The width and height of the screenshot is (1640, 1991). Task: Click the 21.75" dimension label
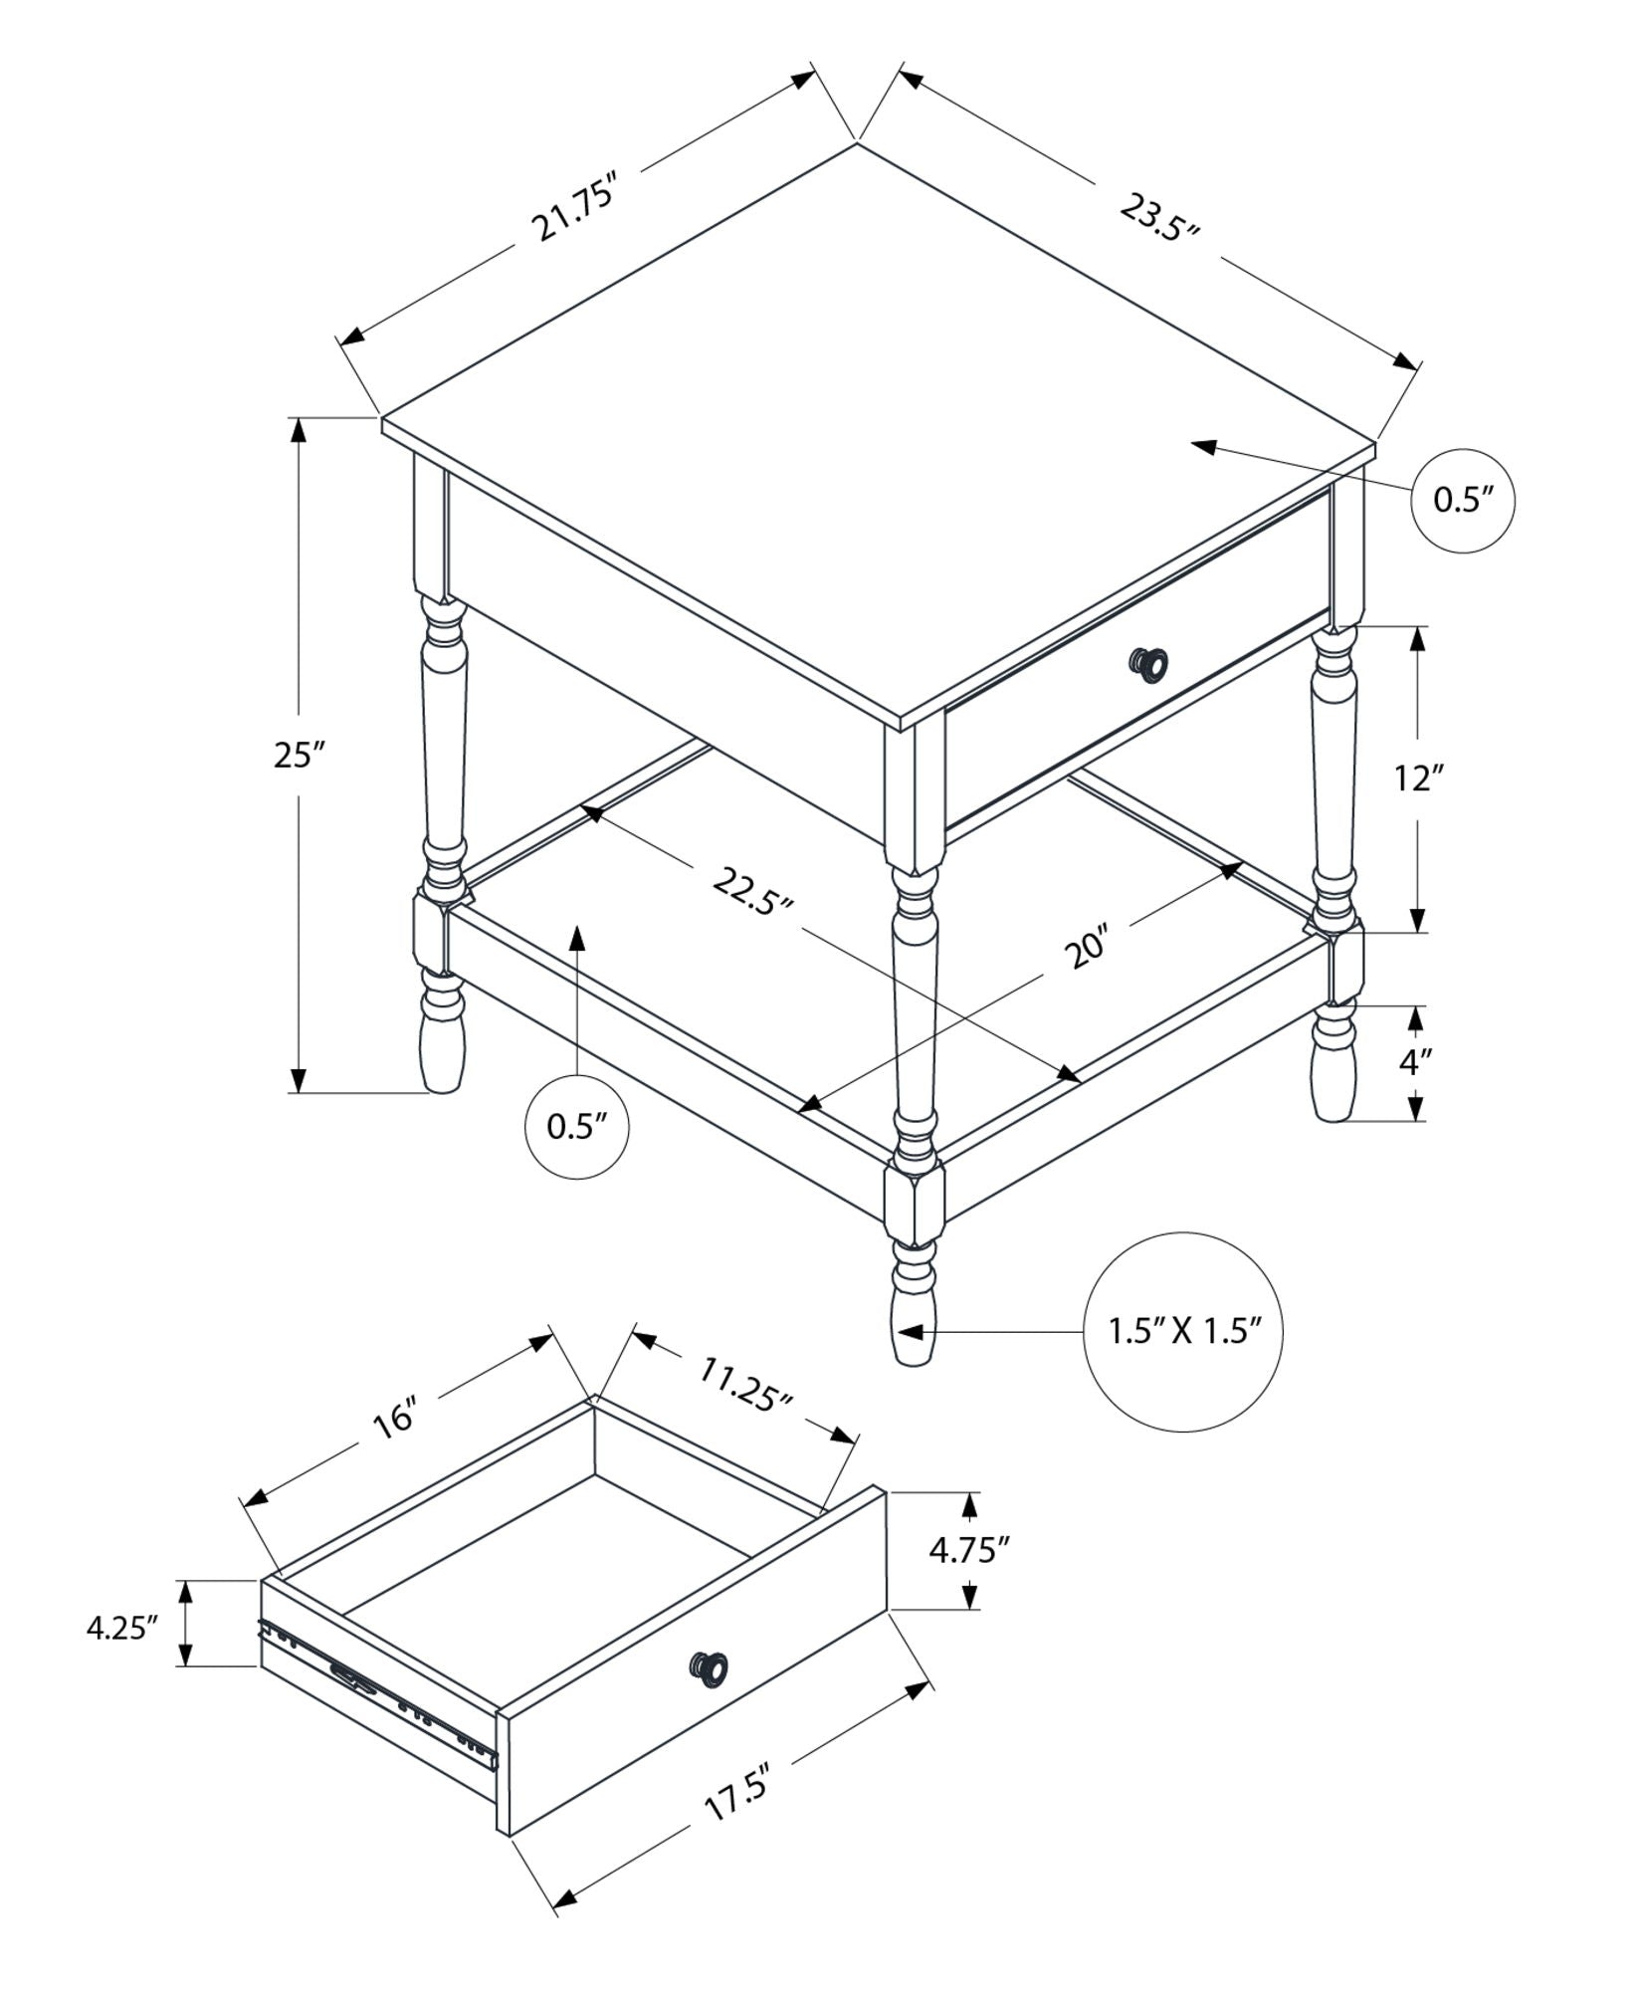[577, 208]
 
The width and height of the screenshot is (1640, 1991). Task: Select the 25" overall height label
[300, 756]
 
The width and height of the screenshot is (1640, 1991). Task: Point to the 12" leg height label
[1417, 777]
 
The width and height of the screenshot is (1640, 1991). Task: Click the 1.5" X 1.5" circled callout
[1184, 1331]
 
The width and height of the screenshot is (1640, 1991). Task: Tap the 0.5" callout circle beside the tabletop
[1463, 501]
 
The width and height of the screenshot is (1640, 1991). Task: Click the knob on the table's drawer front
[1147, 662]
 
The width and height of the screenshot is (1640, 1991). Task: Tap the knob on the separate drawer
[710, 1669]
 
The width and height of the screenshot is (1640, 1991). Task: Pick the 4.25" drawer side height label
[121, 1629]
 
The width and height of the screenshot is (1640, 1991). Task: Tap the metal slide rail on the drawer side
[378, 1687]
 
